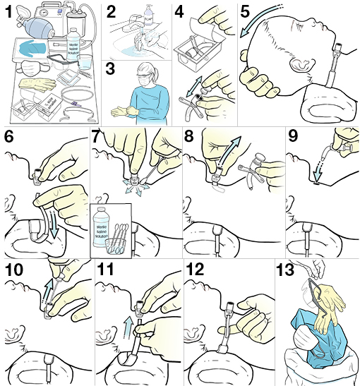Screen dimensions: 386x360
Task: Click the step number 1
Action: pos(9,12)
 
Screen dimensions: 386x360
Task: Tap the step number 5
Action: pos(245,11)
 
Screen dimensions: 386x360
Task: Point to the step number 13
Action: pos(284,269)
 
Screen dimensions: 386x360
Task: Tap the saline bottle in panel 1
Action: pos(74,44)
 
